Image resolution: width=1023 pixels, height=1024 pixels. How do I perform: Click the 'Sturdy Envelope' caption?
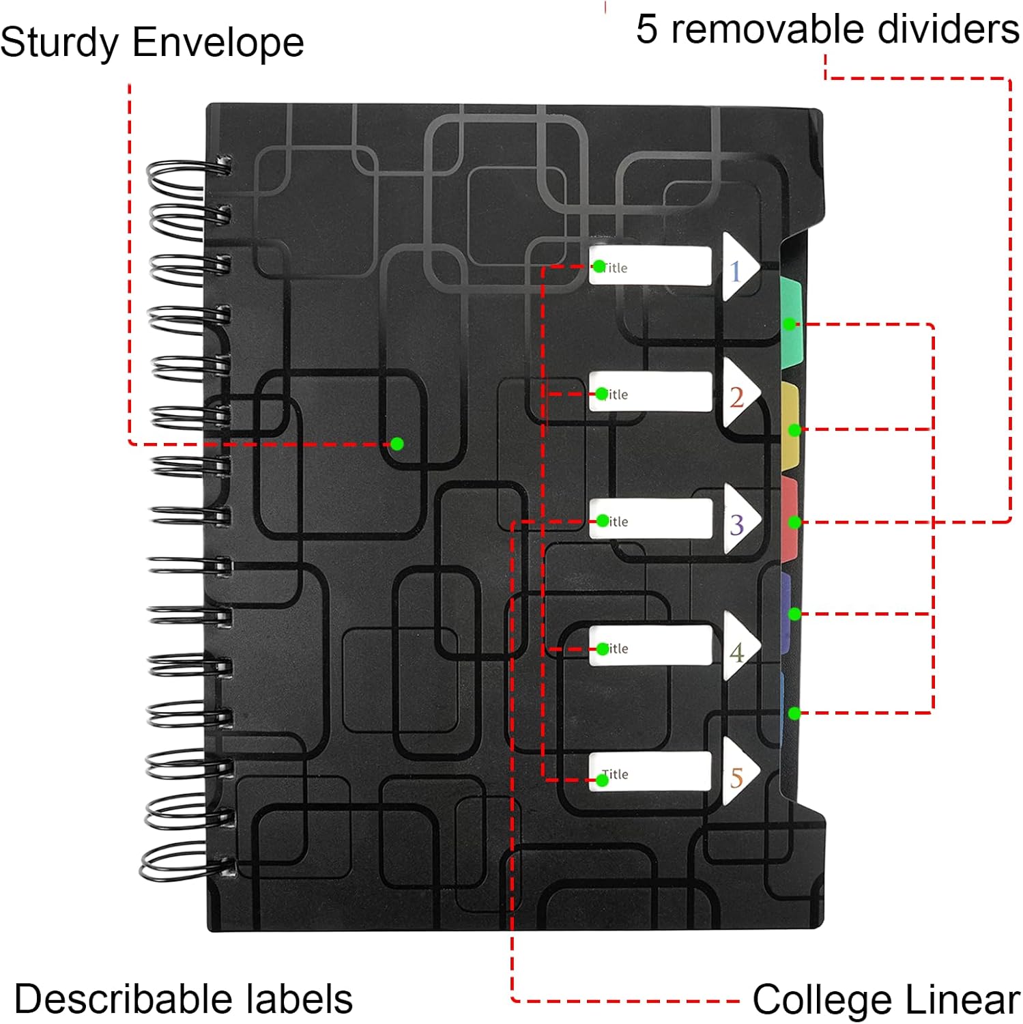coord(152,42)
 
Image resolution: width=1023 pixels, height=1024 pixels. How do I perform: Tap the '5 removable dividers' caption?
coord(827,29)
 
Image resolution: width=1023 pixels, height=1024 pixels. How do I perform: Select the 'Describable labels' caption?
coord(183,999)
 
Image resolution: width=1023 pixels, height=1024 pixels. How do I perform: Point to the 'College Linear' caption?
coord(886,1000)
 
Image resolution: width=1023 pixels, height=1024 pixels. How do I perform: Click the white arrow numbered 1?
coord(739,268)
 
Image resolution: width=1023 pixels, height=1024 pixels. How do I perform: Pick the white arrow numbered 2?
coord(739,395)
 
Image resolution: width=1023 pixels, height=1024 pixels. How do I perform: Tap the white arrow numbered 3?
coord(739,520)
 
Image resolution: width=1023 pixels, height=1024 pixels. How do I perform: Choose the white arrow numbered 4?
coord(739,647)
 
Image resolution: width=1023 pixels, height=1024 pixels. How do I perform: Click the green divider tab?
coord(791,314)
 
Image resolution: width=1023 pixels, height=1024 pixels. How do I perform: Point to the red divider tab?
coord(790,519)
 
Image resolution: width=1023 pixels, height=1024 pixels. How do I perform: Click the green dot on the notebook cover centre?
coord(397,444)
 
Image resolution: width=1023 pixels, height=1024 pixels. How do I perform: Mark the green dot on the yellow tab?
coord(794,430)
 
